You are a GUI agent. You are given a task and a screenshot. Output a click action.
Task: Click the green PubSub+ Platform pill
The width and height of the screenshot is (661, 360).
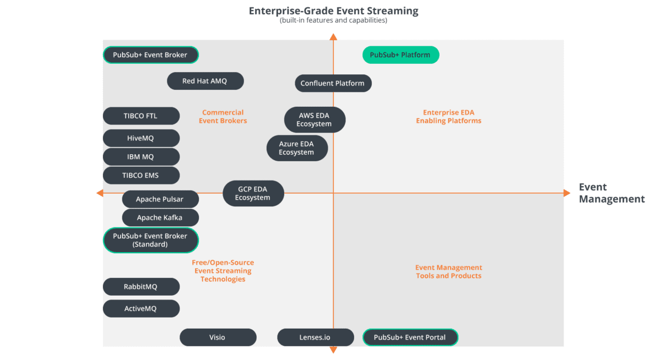[400, 55]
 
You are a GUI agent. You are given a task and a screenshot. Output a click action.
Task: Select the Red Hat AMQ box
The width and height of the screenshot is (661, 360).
[205, 81]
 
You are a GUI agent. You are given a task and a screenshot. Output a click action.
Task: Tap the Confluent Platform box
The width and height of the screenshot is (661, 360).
[333, 83]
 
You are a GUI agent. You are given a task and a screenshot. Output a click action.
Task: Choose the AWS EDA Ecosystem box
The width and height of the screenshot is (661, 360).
[315, 119]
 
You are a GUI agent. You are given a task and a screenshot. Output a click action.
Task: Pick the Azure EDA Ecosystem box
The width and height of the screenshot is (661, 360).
[296, 148]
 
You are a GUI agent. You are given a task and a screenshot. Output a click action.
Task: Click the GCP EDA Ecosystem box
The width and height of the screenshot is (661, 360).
[253, 193]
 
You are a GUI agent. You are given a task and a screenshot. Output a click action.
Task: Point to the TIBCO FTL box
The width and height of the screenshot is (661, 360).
[141, 116]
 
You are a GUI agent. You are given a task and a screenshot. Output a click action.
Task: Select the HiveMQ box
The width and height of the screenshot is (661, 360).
[141, 138]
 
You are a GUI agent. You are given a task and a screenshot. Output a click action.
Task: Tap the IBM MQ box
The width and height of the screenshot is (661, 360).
[141, 157]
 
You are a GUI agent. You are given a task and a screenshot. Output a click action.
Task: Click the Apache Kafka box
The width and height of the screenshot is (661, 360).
[160, 217]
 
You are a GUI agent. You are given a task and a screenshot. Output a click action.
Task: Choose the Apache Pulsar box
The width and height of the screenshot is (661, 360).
[160, 199]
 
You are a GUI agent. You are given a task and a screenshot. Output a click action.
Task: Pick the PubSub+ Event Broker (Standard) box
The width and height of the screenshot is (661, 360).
[150, 240]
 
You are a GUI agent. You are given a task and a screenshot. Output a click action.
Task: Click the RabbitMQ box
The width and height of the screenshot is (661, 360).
[141, 287]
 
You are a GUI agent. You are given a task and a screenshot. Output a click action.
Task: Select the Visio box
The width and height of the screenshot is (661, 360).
[218, 337]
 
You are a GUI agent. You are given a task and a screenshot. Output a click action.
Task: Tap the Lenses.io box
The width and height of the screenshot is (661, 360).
[315, 337]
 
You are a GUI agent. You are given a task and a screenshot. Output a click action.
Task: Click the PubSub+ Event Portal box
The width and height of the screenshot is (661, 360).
[410, 337]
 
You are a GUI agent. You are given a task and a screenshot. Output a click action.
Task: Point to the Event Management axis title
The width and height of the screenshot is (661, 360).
[611, 193]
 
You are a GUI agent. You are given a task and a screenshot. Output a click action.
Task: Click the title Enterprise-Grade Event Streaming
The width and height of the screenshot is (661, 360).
[333, 11]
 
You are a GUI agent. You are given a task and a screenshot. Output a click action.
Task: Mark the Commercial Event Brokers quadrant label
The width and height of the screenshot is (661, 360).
[223, 117]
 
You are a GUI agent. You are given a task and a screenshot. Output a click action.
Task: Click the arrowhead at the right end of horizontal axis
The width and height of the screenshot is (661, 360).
[567, 193]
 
